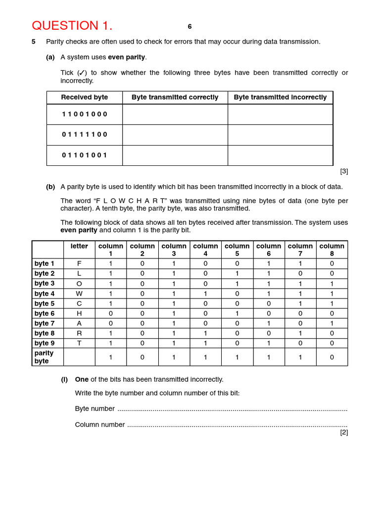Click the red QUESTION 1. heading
[72, 26]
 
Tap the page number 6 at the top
[190, 27]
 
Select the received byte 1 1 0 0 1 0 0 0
[85, 114]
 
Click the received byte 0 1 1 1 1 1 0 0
[85, 135]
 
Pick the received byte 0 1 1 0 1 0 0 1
[85, 155]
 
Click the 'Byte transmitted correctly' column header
[175, 98]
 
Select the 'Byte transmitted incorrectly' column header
[280, 98]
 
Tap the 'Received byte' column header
[85, 98]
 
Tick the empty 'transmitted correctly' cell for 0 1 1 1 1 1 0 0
[175, 135]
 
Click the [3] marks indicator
[344, 171]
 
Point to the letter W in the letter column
[79, 294]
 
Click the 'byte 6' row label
[45, 313]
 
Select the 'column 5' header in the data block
[237, 250]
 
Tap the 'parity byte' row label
[44, 357]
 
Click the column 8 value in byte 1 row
[332, 264]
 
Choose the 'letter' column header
[79, 246]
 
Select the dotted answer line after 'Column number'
[237, 425]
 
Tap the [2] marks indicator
[344, 432]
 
